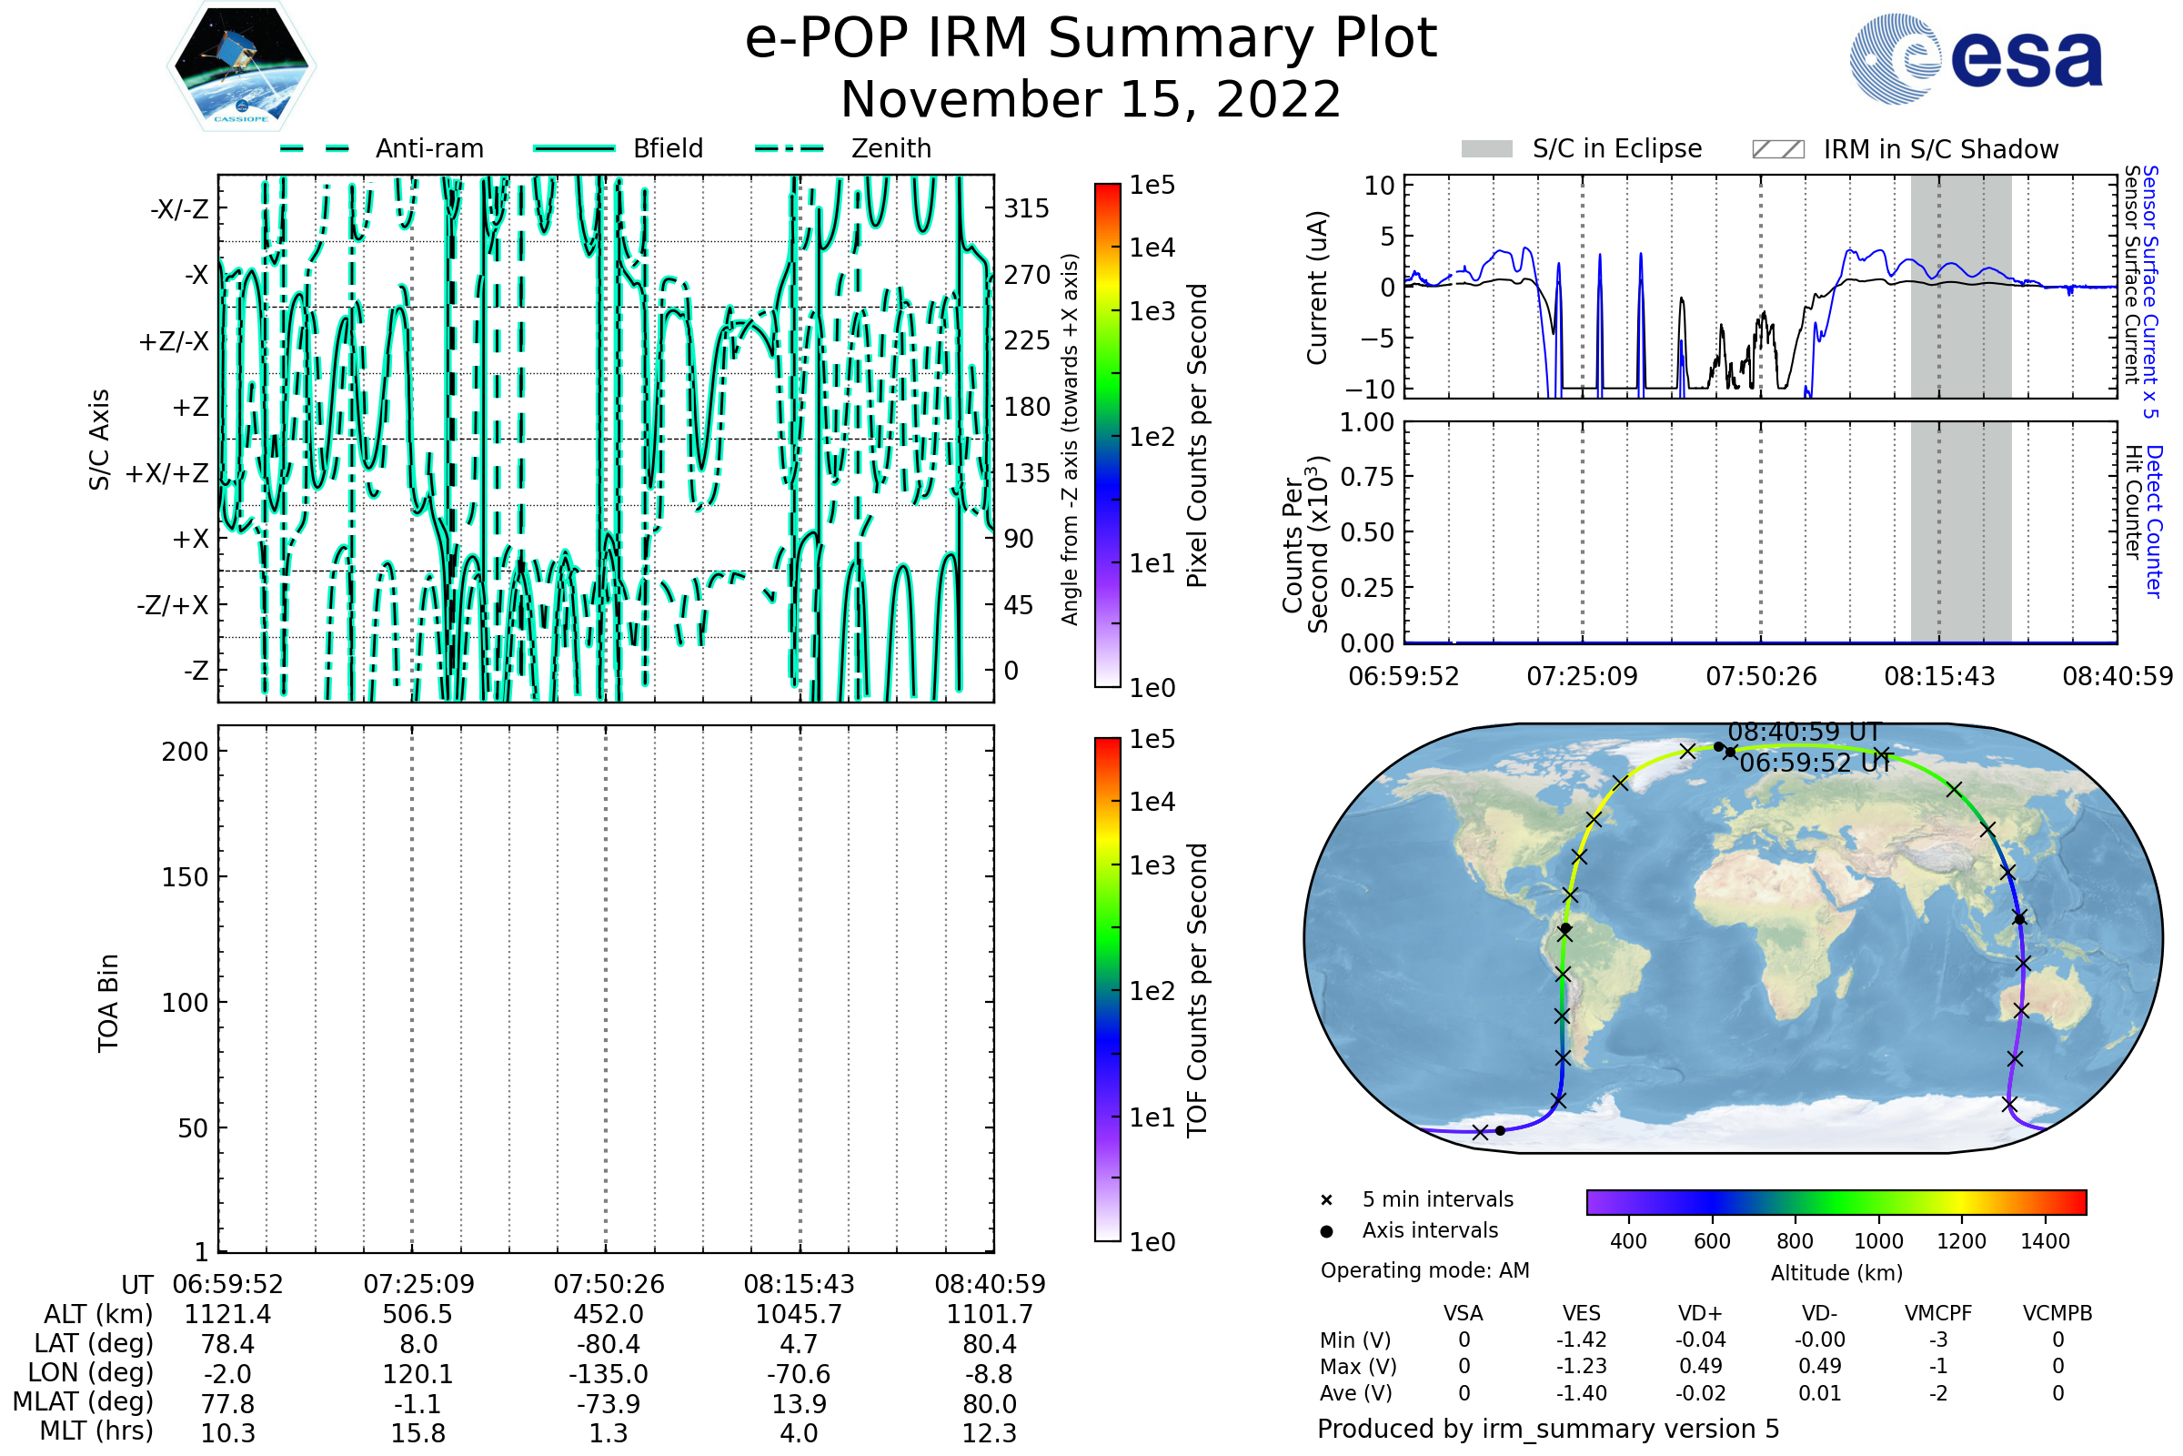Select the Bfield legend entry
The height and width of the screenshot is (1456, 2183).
pos(668,148)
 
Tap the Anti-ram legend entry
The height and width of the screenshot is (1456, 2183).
pos(428,148)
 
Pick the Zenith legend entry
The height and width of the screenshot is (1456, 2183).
pos(890,148)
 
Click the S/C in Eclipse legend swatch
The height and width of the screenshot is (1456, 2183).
pos(1486,149)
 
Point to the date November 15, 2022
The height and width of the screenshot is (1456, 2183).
pos(1091,99)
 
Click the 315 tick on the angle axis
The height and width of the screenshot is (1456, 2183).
pos(1026,209)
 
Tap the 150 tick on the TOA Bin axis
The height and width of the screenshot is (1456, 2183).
pos(185,877)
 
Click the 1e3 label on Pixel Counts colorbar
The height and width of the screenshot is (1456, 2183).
pos(1152,312)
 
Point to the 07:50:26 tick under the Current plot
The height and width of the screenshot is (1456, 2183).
pos(1761,676)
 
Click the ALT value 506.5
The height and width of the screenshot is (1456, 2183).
pos(417,1314)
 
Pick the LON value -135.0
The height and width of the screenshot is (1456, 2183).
pos(608,1373)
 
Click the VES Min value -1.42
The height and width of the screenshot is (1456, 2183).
pos(1582,1340)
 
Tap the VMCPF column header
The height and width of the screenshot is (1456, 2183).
pos(1938,1313)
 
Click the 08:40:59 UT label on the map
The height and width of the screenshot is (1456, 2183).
pos(1804,732)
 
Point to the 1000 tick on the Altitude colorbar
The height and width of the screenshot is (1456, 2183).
pos(1877,1241)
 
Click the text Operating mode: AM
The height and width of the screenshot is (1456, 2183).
pos(1424,1270)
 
